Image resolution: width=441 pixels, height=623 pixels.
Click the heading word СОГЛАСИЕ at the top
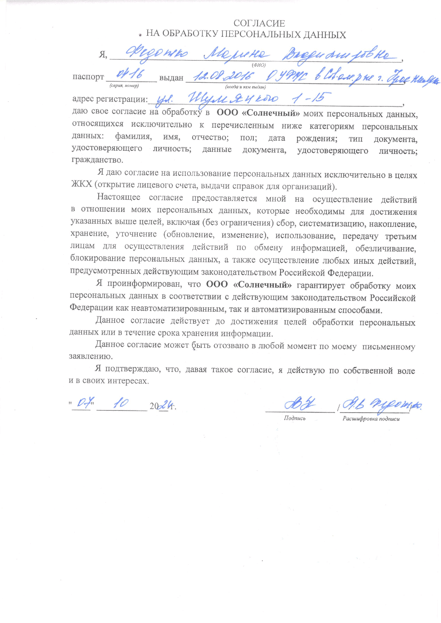tap(259, 23)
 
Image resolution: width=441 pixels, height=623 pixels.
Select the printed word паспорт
tap(88, 77)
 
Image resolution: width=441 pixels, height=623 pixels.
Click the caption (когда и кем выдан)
tap(245, 87)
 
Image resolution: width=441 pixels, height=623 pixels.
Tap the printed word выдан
tap(171, 78)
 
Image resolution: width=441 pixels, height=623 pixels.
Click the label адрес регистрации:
tap(110, 99)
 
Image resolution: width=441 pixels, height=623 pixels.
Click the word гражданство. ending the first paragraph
tap(97, 160)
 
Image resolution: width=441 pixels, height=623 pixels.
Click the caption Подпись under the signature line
tap(295, 418)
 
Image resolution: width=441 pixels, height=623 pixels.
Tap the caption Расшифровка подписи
tap(371, 419)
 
